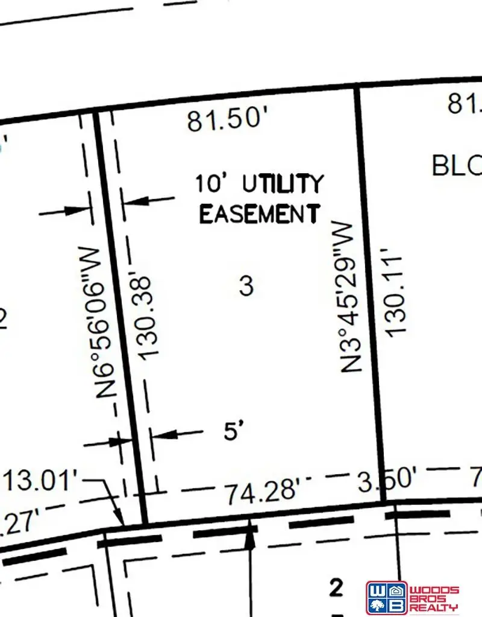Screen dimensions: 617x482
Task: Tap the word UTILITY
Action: [x=283, y=183]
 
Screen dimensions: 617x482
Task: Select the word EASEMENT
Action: [x=259, y=214]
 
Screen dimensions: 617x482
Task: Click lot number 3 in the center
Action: [x=246, y=286]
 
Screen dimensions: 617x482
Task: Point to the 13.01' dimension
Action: [x=41, y=482]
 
